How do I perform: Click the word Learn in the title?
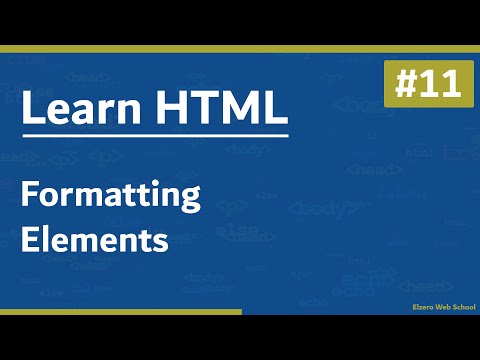tap(81, 109)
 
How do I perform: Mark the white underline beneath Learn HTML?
tap(155, 135)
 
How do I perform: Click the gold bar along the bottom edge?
tap(120, 312)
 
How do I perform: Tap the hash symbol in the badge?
tap(404, 84)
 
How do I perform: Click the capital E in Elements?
tap(29, 240)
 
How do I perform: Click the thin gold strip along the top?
tap(240, 47)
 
